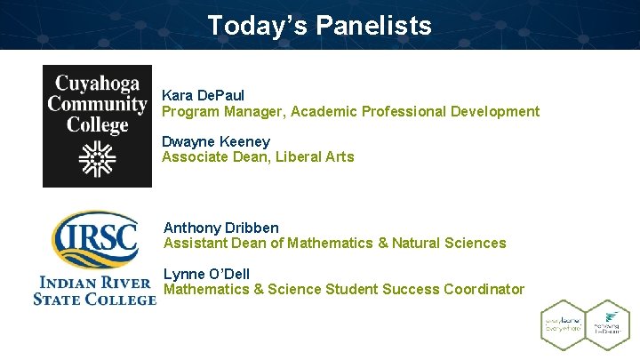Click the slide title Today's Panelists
click(319, 25)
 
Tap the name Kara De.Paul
click(204, 94)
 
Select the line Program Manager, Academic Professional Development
click(350, 111)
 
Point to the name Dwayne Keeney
click(216, 141)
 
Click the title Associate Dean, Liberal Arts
click(258, 157)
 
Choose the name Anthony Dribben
click(221, 228)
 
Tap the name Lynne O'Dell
click(207, 273)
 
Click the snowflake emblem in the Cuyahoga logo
click(97, 159)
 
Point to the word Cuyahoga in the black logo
click(97, 84)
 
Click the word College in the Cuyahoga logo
click(97, 124)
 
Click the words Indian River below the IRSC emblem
click(94, 284)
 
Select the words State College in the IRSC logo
click(94, 300)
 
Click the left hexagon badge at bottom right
click(562, 325)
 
